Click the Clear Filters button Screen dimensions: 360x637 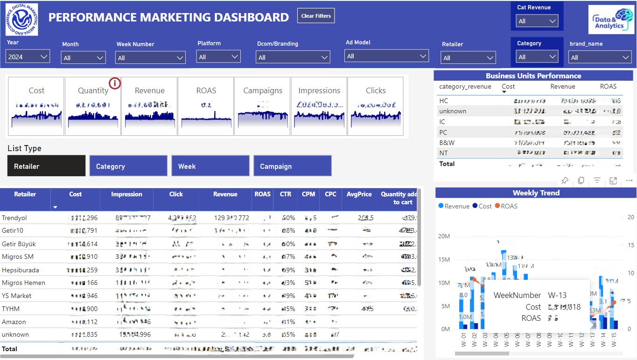point(316,16)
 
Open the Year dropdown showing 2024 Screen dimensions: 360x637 point(28,57)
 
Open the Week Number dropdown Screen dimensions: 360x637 point(151,58)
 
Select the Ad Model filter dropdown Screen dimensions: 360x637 point(386,56)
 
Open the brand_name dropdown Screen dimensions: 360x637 point(600,57)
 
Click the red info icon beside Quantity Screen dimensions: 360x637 point(115,83)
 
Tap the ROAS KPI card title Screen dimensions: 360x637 point(206,90)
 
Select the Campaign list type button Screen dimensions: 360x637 point(292,166)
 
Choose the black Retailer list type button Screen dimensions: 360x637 point(46,166)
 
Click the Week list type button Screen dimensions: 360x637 point(210,166)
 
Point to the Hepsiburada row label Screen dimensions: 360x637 point(21,270)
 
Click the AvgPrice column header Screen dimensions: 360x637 point(359,194)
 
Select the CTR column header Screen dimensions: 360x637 point(286,194)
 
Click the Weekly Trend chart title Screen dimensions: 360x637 point(536,193)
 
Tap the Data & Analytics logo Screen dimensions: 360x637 point(610,20)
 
